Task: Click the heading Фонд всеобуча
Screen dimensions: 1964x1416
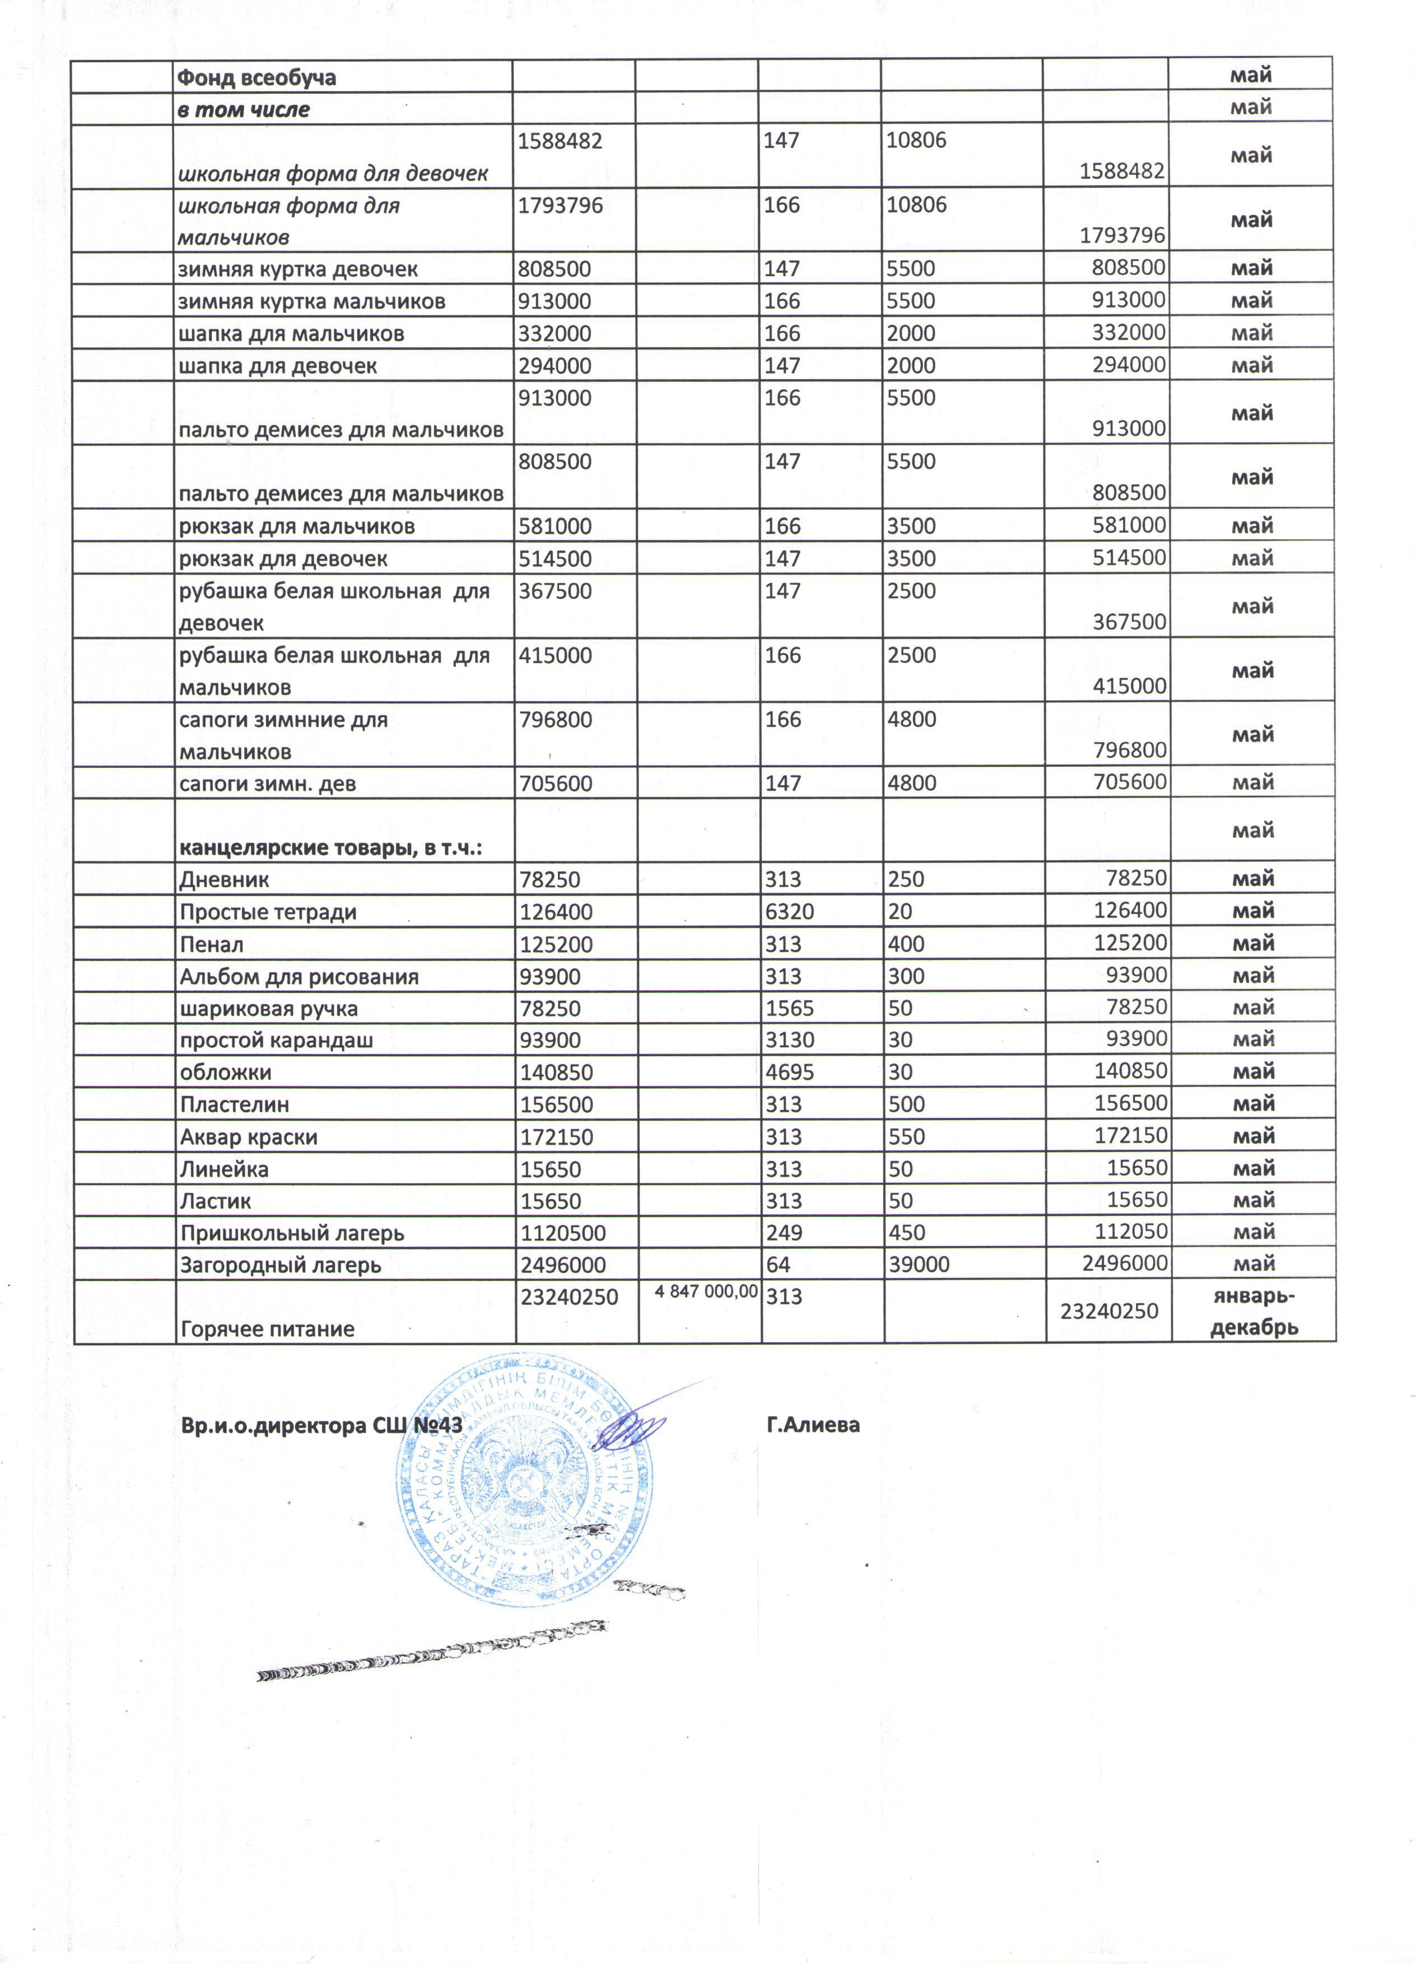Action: [x=257, y=78]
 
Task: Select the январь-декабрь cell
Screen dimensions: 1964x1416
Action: [x=1252, y=1311]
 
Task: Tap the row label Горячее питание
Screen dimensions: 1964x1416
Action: [x=267, y=1328]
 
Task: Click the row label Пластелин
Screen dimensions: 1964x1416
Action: [x=234, y=1105]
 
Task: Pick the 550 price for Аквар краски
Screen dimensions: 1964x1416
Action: [x=906, y=1137]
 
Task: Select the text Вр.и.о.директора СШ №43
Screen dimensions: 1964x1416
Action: [x=320, y=1425]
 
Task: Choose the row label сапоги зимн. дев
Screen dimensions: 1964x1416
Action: [x=268, y=783]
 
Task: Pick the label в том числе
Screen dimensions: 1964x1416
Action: [x=243, y=110]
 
